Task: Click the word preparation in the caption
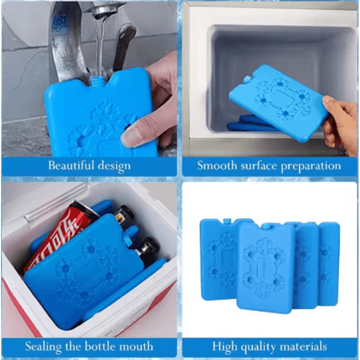(311, 166)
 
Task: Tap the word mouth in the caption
(136, 346)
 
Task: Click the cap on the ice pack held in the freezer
(247, 80)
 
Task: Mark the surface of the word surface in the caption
(259, 166)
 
